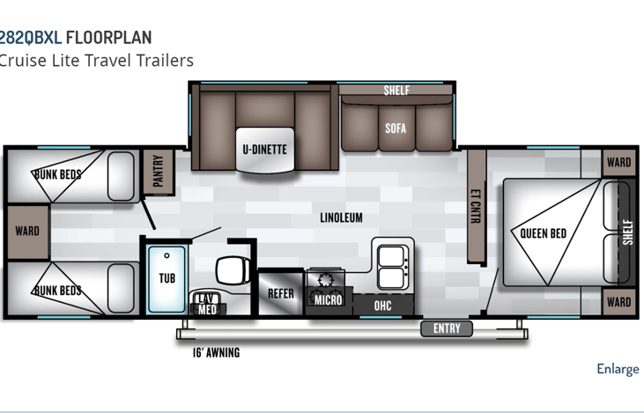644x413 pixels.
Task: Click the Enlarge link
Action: click(x=618, y=369)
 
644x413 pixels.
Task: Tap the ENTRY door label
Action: click(x=447, y=328)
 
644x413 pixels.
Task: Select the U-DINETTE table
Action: click(x=265, y=150)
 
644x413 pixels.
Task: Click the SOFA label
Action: click(x=396, y=129)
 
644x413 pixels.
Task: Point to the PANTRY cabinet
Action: click(x=159, y=171)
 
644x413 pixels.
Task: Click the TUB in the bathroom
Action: click(x=167, y=278)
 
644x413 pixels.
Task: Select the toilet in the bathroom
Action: click(x=233, y=270)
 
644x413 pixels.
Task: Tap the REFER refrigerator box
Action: click(x=281, y=293)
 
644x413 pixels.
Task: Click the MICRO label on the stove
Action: click(x=328, y=300)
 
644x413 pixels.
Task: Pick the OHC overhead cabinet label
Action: click(x=382, y=306)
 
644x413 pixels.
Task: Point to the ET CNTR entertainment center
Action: click(x=477, y=206)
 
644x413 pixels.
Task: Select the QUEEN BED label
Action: click(x=543, y=233)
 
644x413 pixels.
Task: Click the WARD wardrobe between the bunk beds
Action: click(x=28, y=232)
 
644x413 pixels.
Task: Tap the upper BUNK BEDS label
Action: click(x=57, y=174)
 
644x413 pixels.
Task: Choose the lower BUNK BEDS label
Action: click(x=57, y=291)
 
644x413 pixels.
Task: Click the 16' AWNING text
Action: click(x=216, y=352)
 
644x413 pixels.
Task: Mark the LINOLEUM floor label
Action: click(x=341, y=218)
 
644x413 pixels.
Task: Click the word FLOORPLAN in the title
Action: click(x=109, y=38)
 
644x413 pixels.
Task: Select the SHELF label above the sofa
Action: click(x=396, y=91)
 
